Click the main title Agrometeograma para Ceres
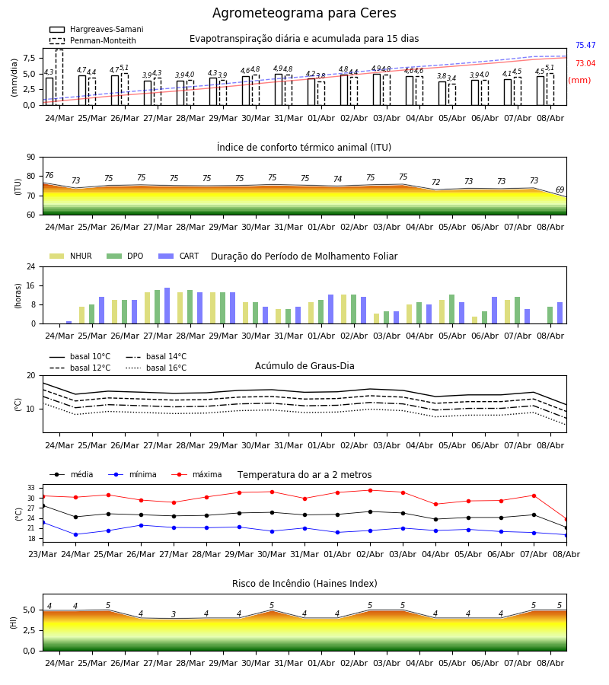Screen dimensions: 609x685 point(304,13)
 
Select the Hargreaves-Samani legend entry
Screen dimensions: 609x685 point(96,29)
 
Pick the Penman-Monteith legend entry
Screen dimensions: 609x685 point(93,40)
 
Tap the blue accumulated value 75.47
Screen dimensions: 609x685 point(585,45)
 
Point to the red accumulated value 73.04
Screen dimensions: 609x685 point(585,63)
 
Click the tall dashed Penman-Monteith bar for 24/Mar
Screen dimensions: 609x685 point(59,78)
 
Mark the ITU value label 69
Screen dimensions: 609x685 point(560,190)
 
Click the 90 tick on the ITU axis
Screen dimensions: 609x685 point(31,157)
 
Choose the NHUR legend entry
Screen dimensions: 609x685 point(71,256)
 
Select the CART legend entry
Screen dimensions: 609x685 point(179,256)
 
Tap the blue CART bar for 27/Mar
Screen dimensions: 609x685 point(167,306)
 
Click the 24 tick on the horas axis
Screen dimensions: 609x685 point(31,266)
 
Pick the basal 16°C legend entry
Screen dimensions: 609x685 point(156,368)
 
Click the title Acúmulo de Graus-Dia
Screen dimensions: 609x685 point(304,365)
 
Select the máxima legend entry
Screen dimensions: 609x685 point(196,474)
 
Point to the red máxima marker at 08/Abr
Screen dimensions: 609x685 point(566,519)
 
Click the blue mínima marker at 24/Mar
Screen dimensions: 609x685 point(75,534)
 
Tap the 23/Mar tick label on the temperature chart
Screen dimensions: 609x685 point(43,554)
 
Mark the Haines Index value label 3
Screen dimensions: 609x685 point(174,614)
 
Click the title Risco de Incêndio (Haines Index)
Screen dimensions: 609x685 point(304,583)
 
